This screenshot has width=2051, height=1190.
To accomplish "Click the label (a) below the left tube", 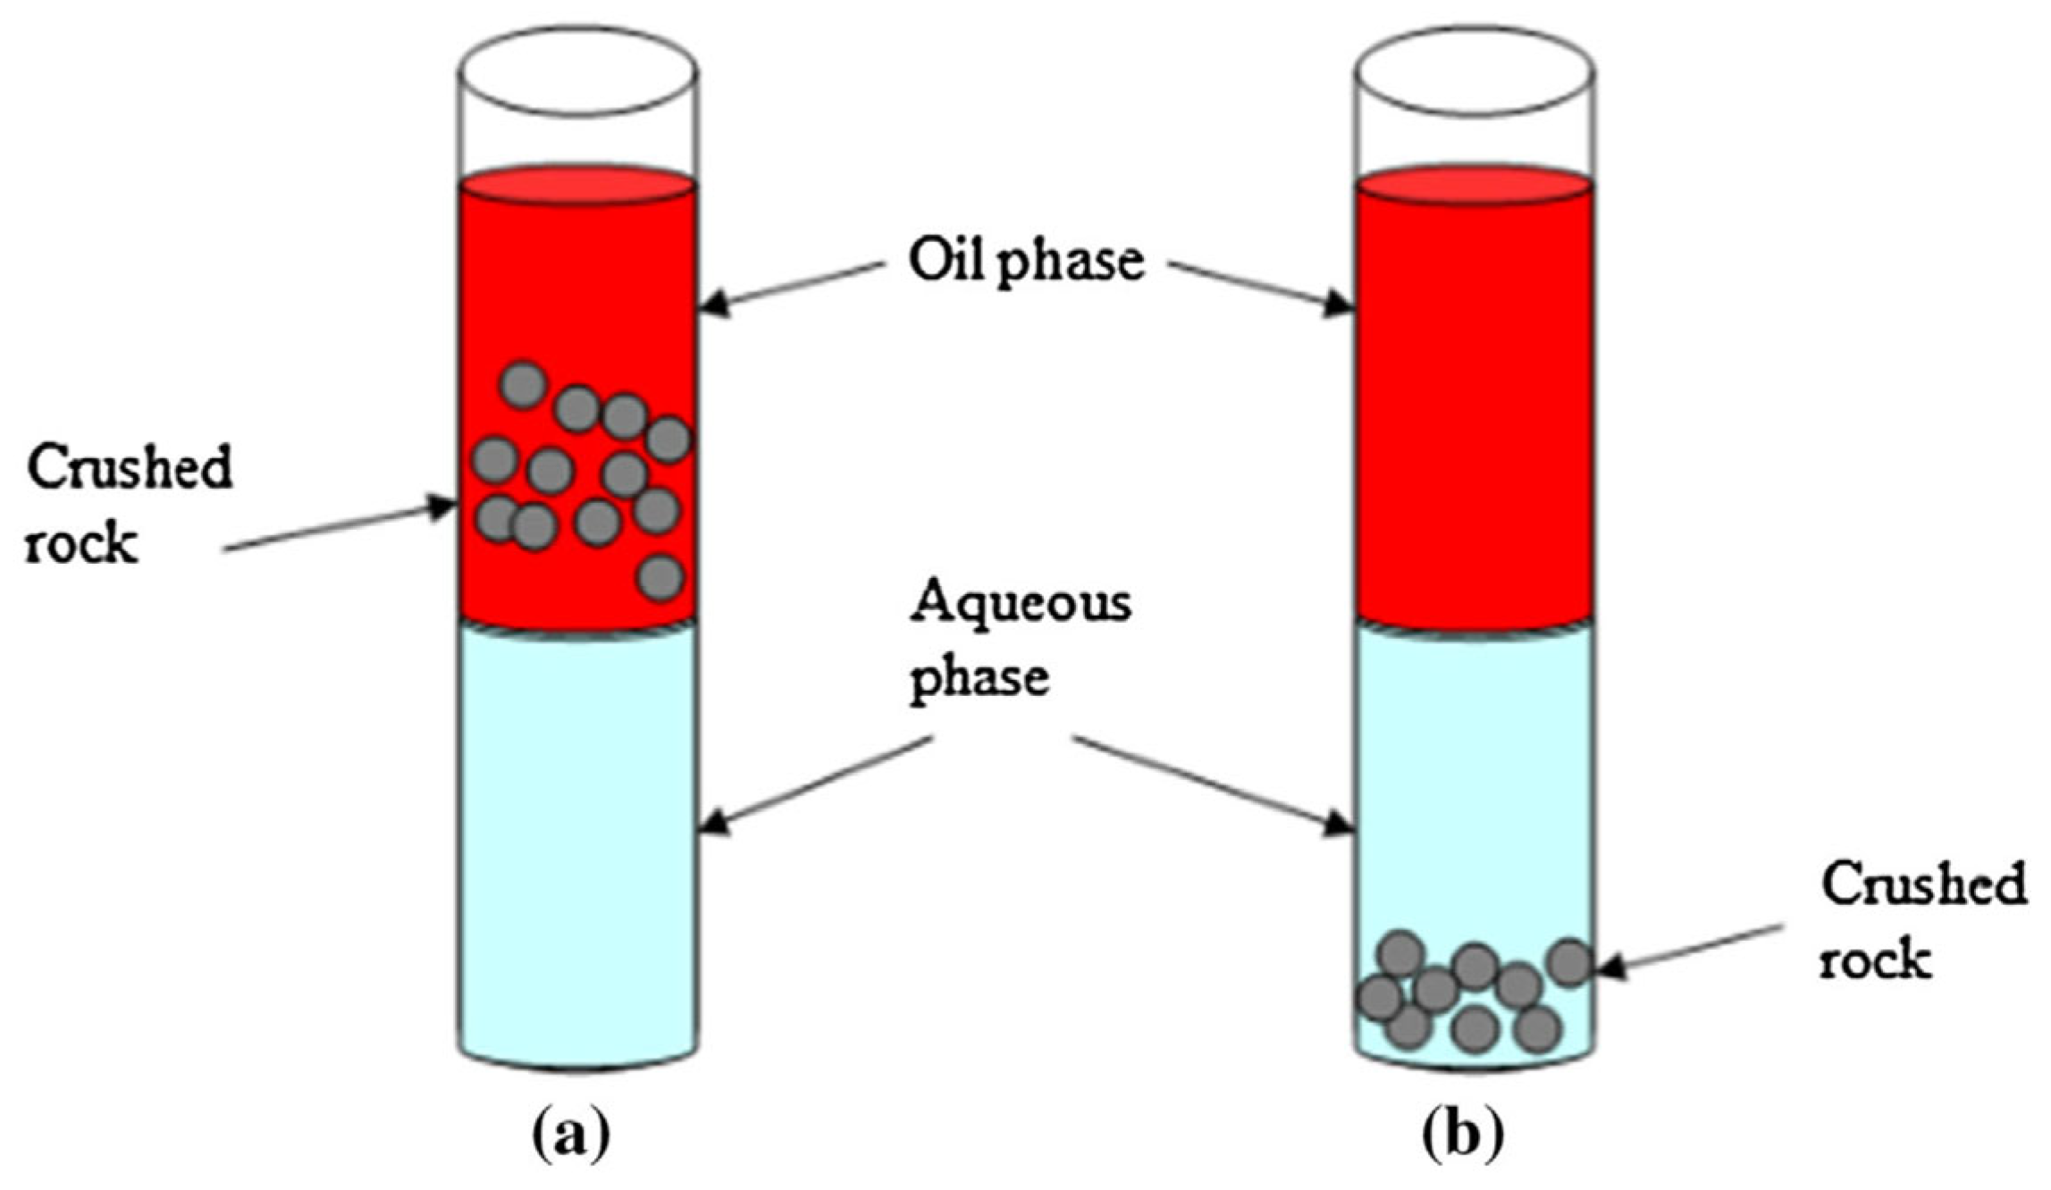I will pos(573,1136).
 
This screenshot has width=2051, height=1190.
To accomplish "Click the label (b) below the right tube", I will pos(1463,1136).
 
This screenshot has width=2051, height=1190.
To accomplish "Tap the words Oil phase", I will pos(1026,263).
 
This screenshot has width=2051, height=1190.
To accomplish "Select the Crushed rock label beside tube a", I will pos(128,505).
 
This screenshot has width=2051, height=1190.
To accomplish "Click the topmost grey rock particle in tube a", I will pos(523,385).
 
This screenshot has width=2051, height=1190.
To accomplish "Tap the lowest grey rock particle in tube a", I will pos(661,577).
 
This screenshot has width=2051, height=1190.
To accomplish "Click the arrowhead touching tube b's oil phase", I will pos(1340,304).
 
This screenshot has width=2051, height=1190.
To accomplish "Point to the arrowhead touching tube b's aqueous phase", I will pos(1340,822).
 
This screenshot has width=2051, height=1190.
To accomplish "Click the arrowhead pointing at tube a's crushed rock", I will pos(441,507).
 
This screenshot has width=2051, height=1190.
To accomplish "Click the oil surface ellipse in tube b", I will pos(1475,186).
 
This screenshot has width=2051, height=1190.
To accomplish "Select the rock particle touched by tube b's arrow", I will pos(1570,963).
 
